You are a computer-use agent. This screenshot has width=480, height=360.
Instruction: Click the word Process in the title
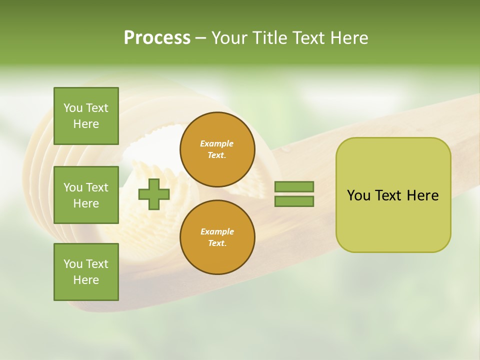click(x=157, y=38)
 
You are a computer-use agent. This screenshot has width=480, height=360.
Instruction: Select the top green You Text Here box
click(x=86, y=116)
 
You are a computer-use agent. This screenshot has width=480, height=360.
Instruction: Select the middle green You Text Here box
click(x=86, y=195)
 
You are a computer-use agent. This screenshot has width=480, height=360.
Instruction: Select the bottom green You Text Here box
click(x=86, y=272)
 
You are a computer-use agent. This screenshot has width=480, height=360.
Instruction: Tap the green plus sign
click(x=154, y=194)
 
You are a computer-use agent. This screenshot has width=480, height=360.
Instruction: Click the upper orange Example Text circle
click(x=217, y=149)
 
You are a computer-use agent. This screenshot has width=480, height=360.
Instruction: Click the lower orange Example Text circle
click(x=217, y=237)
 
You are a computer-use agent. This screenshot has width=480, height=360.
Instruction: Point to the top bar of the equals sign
click(x=294, y=187)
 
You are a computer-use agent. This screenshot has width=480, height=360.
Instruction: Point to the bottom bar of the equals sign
click(x=294, y=201)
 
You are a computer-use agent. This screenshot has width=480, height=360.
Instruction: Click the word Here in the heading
click(x=348, y=38)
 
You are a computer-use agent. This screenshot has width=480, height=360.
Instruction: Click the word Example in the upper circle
click(x=217, y=143)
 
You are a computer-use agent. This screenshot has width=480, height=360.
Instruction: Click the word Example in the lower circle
click(x=217, y=231)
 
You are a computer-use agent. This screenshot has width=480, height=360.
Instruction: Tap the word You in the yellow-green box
click(x=358, y=195)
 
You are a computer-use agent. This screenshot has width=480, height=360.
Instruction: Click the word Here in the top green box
click(x=86, y=124)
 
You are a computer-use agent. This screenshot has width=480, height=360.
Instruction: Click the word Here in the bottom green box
click(x=86, y=280)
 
